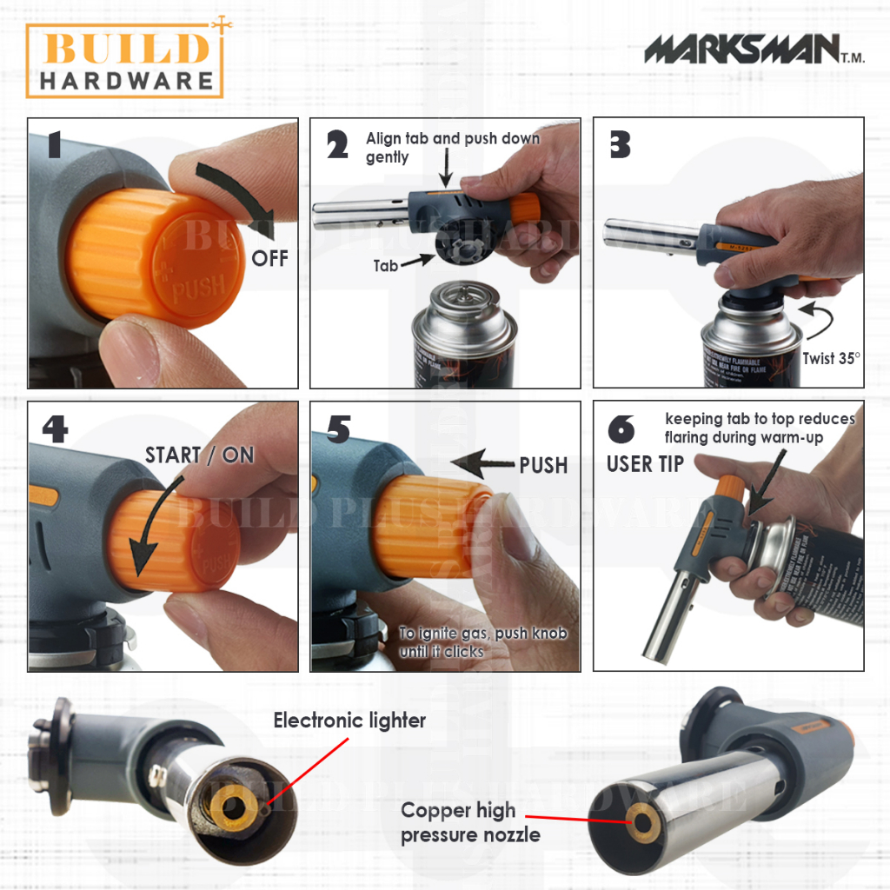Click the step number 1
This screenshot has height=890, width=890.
click(x=53, y=144)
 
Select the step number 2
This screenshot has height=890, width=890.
click(x=337, y=145)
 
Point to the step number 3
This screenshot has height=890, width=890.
click(x=620, y=144)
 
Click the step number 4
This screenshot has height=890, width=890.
click(x=55, y=428)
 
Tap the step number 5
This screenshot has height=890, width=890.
click(x=338, y=428)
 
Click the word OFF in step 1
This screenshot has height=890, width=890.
click(x=270, y=259)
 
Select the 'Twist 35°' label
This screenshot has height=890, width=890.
click(x=829, y=357)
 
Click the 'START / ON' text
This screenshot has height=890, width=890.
click(x=199, y=455)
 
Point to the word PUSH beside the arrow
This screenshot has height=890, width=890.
click(x=543, y=465)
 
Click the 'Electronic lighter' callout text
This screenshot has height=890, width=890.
click(x=349, y=721)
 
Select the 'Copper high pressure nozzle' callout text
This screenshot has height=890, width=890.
click(x=470, y=822)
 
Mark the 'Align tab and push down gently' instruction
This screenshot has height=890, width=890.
click(x=452, y=148)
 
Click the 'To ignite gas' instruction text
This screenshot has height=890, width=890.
click(x=482, y=641)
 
